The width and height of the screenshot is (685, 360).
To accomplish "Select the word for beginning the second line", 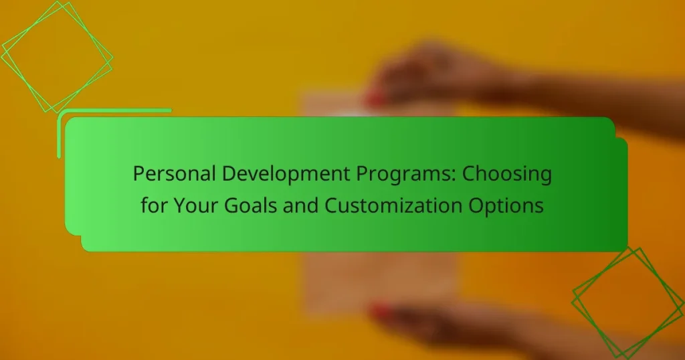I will [x=153, y=205].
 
